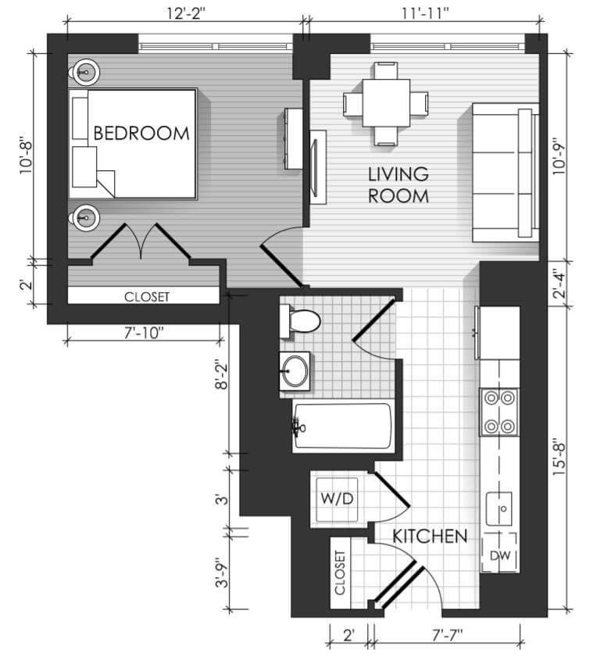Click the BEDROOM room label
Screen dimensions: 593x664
(x=141, y=134)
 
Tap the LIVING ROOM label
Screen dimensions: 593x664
(x=398, y=185)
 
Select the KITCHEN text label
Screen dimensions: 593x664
(x=430, y=536)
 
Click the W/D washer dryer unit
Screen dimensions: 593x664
(x=337, y=499)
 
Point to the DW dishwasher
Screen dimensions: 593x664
(x=500, y=552)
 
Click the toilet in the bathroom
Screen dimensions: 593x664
(x=300, y=321)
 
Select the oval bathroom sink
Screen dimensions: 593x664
(x=295, y=371)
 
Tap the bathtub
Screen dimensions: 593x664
(x=342, y=426)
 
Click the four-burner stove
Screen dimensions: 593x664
(x=499, y=412)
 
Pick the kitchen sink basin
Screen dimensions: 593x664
(x=499, y=509)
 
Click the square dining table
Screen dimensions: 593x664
(x=386, y=103)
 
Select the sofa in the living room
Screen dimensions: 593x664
(x=505, y=173)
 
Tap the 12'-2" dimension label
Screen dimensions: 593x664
(x=185, y=13)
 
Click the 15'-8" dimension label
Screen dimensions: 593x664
(x=559, y=459)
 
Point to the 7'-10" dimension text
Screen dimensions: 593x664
(x=144, y=334)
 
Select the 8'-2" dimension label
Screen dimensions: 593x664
(x=222, y=375)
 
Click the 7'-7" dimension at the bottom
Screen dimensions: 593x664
(x=448, y=636)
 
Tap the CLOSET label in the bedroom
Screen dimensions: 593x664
(x=147, y=297)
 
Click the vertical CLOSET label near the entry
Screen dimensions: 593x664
(x=340, y=573)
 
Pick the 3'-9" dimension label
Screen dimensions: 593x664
(x=222, y=573)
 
